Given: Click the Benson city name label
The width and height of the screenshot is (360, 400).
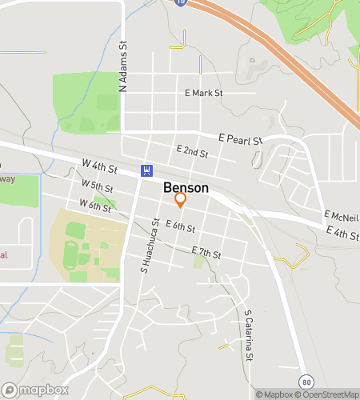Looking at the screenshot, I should tap(186, 188).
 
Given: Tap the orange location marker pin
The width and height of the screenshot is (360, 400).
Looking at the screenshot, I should tap(181, 199).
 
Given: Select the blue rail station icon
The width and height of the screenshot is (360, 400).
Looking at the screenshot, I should tap(146, 170).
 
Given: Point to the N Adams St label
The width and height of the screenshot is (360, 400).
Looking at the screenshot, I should tap(123, 67).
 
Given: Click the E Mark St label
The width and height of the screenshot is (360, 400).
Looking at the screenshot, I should tap(203, 94).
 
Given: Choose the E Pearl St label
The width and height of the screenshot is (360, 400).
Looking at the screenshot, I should tap(242, 140).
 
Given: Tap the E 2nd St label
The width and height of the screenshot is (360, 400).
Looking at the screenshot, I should tap(192, 151).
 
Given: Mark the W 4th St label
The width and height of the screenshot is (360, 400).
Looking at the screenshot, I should tap(99, 166).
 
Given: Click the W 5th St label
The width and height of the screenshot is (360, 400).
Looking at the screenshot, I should tap(97, 186).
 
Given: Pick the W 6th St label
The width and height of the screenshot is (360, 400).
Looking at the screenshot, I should tap(94, 206).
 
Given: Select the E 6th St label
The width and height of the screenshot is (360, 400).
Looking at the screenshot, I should tap(180, 227).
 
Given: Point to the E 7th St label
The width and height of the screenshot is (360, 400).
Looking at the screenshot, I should tap(206, 253).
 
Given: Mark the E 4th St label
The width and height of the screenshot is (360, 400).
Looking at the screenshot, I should tap(342, 232).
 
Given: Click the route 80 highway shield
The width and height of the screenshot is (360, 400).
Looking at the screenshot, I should tap(306, 380).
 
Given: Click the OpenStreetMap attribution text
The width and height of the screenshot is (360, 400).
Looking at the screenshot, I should tap(328, 394).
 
